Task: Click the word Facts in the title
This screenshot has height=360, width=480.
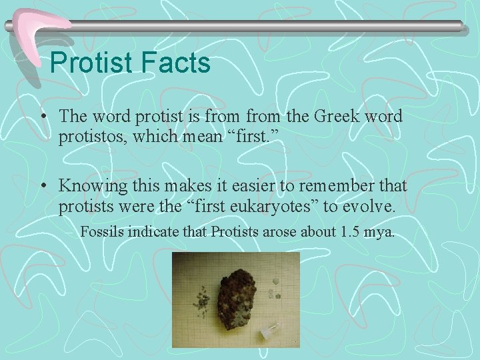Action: pyautogui.click(x=175, y=63)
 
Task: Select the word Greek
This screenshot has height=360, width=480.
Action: pyautogui.click(x=329, y=116)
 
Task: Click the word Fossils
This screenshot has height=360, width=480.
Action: pyautogui.click(x=103, y=233)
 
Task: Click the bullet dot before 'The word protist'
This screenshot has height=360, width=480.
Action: pyautogui.click(x=42, y=117)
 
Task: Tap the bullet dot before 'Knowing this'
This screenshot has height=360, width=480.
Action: pyautogui.click(x=42, y=187)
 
